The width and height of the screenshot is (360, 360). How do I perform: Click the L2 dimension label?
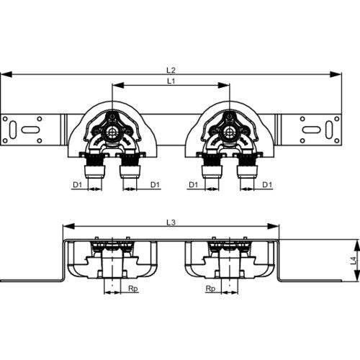[x=171, y=70]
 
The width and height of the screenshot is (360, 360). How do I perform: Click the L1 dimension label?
[x=171, y=81]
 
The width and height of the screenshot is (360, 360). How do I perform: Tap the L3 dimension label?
[x=171, y=222]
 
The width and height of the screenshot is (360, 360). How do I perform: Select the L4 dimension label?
[x=353, y=261]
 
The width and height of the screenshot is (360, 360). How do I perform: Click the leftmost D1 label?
[x=78, y=185]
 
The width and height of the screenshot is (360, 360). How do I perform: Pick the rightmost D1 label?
[x=267, y=185]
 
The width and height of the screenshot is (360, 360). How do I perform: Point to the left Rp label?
[x=133, y=289]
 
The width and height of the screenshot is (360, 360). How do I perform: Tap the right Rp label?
[x=210, y=289]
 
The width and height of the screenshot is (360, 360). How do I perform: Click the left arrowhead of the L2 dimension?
[x=6, y=74]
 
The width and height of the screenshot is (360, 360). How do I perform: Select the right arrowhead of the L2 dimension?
[x=336, y=74]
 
